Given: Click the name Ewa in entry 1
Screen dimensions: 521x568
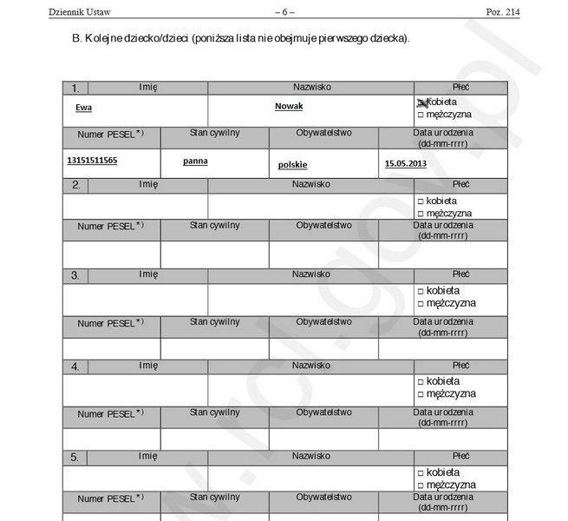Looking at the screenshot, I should (83, 107).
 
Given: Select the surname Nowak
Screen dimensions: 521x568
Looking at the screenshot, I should (289, 106).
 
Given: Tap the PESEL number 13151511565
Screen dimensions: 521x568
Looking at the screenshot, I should (92, 161).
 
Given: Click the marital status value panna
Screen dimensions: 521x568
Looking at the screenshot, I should (195, 161).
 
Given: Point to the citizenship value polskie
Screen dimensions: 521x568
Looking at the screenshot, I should (293, 164).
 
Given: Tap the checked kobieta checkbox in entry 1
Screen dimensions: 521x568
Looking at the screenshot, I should (421, 102).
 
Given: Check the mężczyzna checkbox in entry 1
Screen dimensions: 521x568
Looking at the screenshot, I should (421, 115).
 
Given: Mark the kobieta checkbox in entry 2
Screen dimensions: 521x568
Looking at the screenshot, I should (421, 201).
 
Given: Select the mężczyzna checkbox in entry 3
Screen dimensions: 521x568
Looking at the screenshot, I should (421, 304).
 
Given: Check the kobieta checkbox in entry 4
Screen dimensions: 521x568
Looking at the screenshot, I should (421, 381).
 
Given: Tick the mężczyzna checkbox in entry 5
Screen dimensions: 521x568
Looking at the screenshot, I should (421, 485).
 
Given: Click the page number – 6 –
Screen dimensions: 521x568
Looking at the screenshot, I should (284, 11).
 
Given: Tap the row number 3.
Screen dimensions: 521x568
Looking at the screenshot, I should (75, 275).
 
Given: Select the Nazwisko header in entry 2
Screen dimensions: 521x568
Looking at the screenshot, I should (310, 184).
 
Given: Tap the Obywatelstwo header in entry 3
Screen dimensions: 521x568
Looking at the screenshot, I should (323, 321).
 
